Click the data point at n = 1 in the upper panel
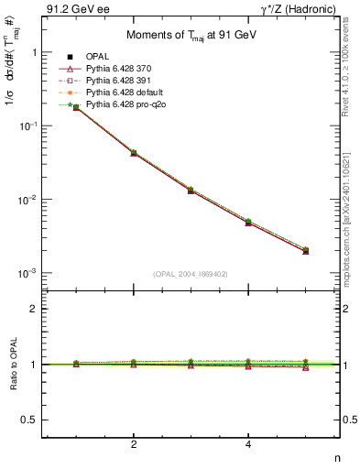76,107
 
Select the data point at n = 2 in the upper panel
134,152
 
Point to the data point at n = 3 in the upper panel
191,190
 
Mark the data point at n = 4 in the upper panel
248,222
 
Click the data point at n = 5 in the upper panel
305,250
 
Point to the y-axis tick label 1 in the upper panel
34,52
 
